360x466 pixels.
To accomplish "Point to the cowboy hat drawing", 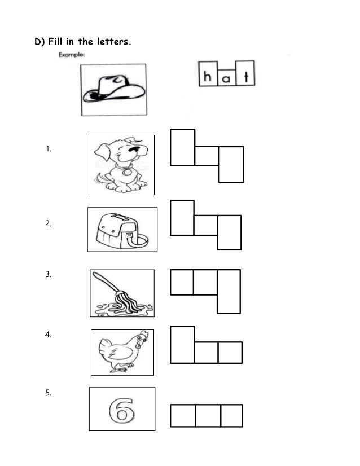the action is tap(113, 89).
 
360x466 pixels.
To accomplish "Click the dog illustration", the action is tap(122, 165).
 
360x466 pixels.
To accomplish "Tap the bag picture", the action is tap(122, 229).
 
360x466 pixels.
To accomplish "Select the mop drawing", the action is tap(122, 293).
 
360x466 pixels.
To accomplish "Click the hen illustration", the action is tap(122, 352).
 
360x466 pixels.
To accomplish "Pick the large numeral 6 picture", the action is tap(122, 409).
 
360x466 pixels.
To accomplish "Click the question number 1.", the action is tap(49, 150).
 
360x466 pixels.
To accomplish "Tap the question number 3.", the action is tap(49, 275).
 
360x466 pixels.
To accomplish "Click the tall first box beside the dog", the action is tap(182, 148).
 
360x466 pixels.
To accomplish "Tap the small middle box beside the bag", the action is tap(206, 225).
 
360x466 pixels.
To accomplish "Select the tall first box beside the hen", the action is tap(182, 344).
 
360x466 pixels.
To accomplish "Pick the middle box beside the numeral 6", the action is tap(208, 415).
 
